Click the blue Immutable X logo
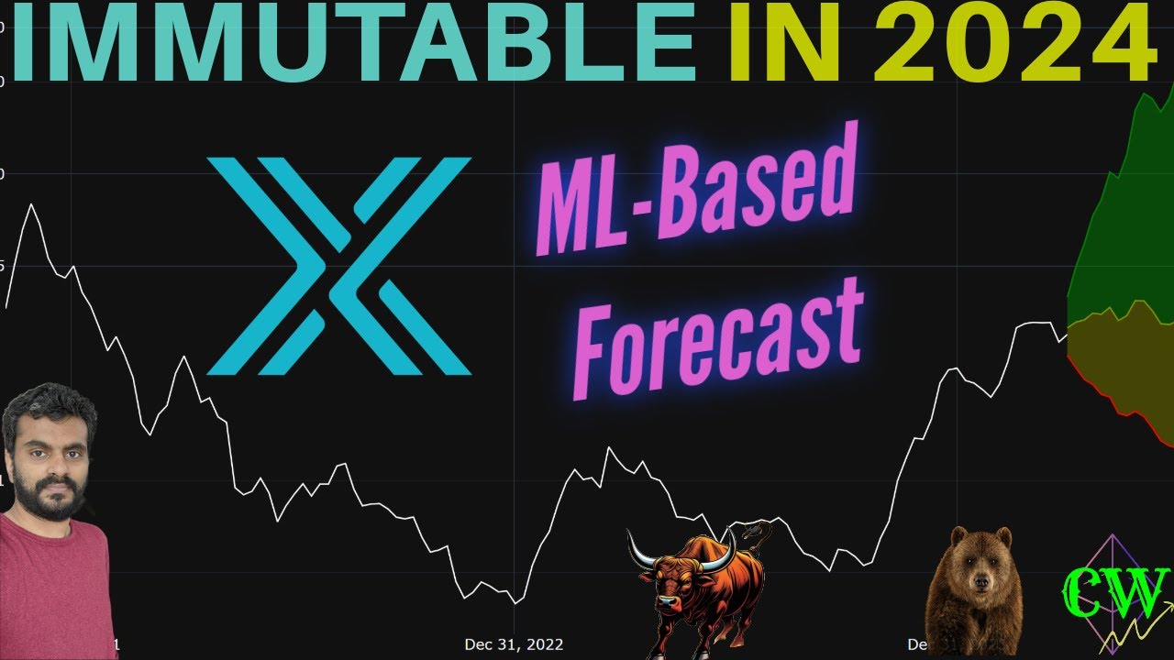pyautogui.click(x=338, y=266)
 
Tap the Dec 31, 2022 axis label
pyautogui.click(x=514, y=644)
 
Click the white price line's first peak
pyautogui.click(x=32, y=204)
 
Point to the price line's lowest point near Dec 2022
pyautogui.click(x=515, y=603)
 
